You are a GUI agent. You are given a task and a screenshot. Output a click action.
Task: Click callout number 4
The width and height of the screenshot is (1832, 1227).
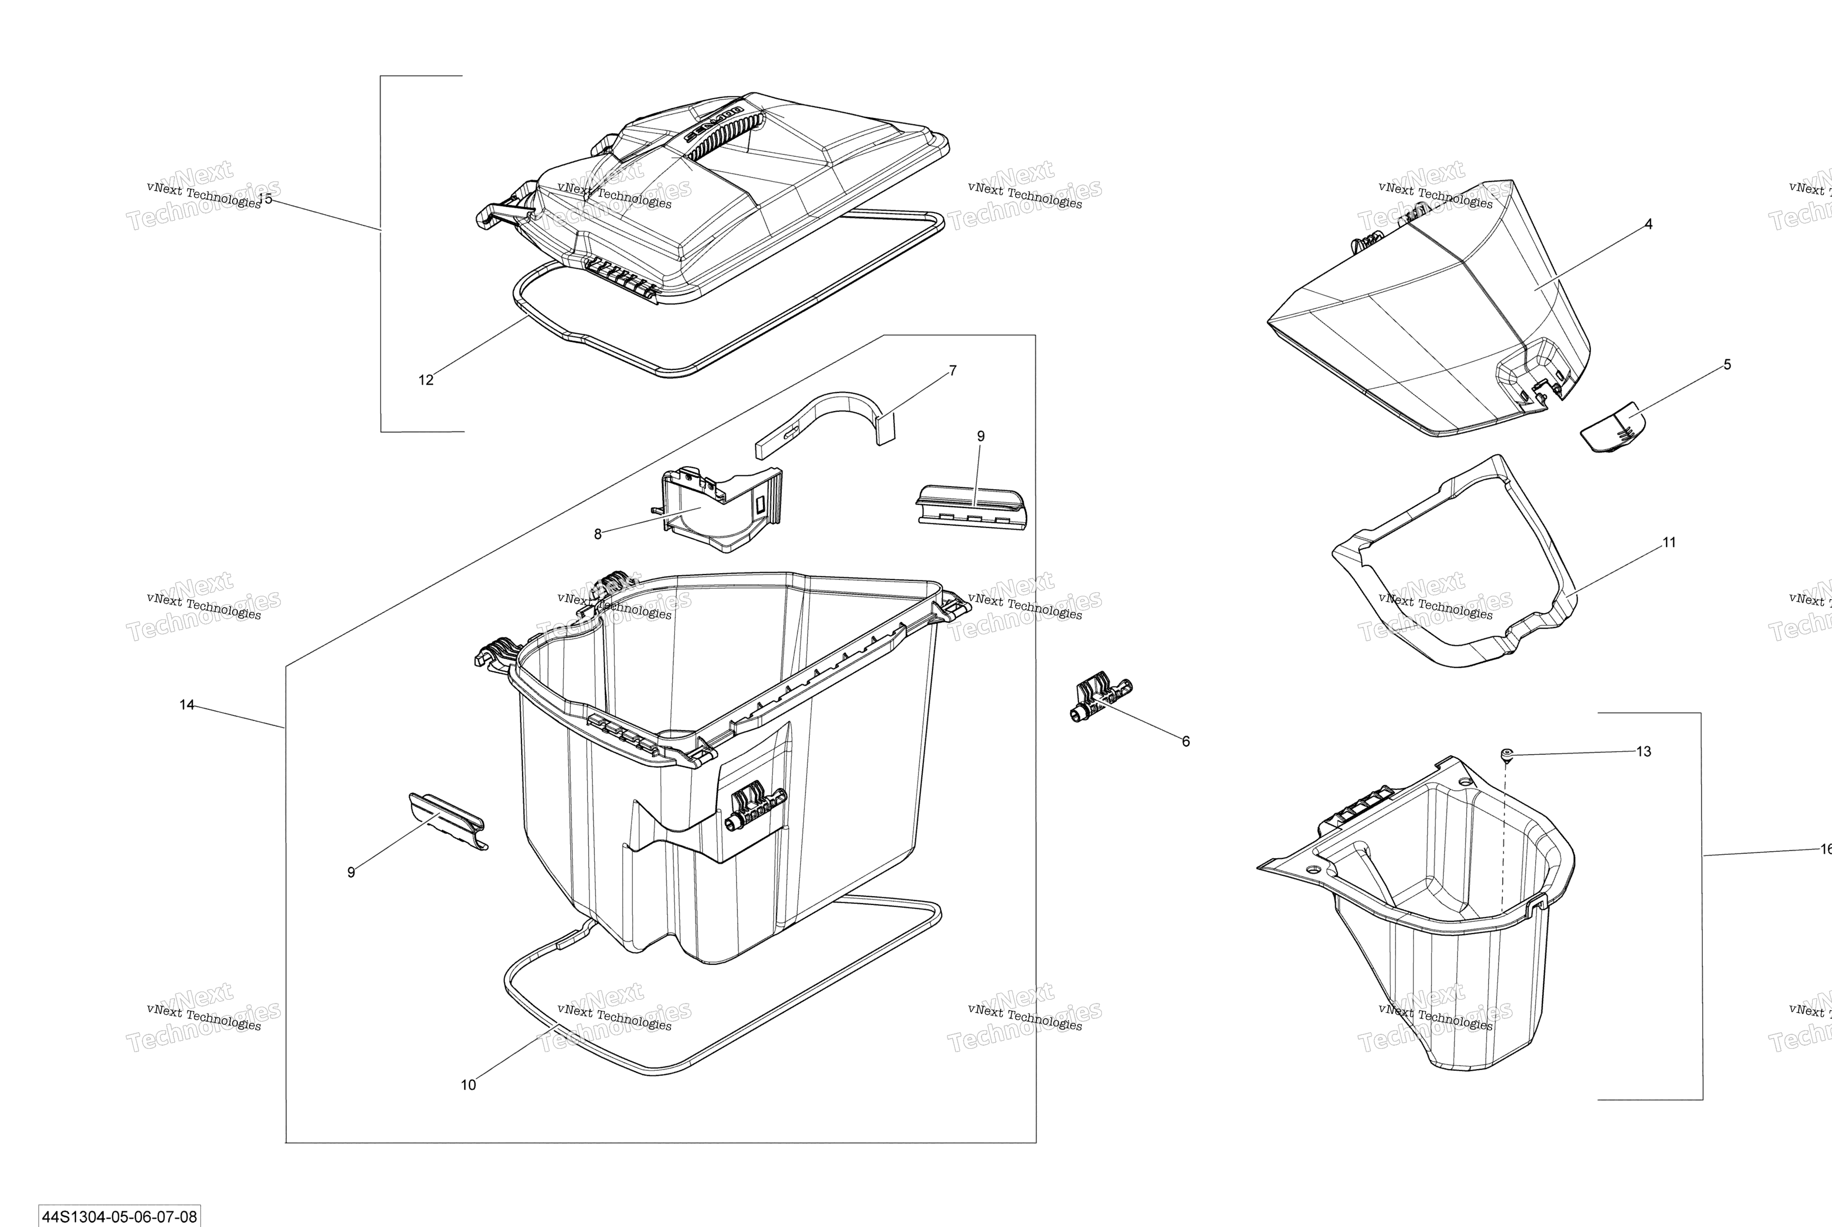(x=1648, y=224)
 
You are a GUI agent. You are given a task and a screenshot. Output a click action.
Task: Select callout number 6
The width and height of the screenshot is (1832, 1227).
(x=1186, y=741)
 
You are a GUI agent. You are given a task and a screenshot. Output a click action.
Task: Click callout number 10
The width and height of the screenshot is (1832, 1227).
(x=468, y=1084)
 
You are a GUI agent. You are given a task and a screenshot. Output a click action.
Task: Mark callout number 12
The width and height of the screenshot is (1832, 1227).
(x=426, y=380)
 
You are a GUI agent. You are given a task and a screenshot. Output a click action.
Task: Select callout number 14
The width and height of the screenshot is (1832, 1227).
(x=186, y=705)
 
